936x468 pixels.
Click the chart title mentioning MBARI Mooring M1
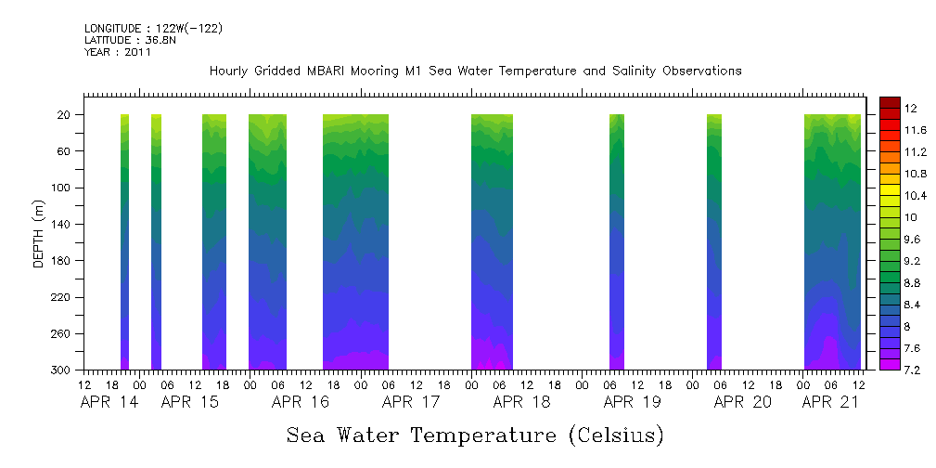[x=475, y=71]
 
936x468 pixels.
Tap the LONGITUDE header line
[x=153, y=29]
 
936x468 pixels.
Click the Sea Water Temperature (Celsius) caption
[x=475, y=435]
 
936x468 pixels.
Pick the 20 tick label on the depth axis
[x=65, y=115]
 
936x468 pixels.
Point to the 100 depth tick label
[x=62, y=188]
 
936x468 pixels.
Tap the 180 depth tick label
[x=62, y=261]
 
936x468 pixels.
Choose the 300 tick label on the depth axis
[x=62, y=370]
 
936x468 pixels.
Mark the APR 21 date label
[x=830, y=402]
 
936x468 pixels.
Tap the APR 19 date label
[x=632, y=402]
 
